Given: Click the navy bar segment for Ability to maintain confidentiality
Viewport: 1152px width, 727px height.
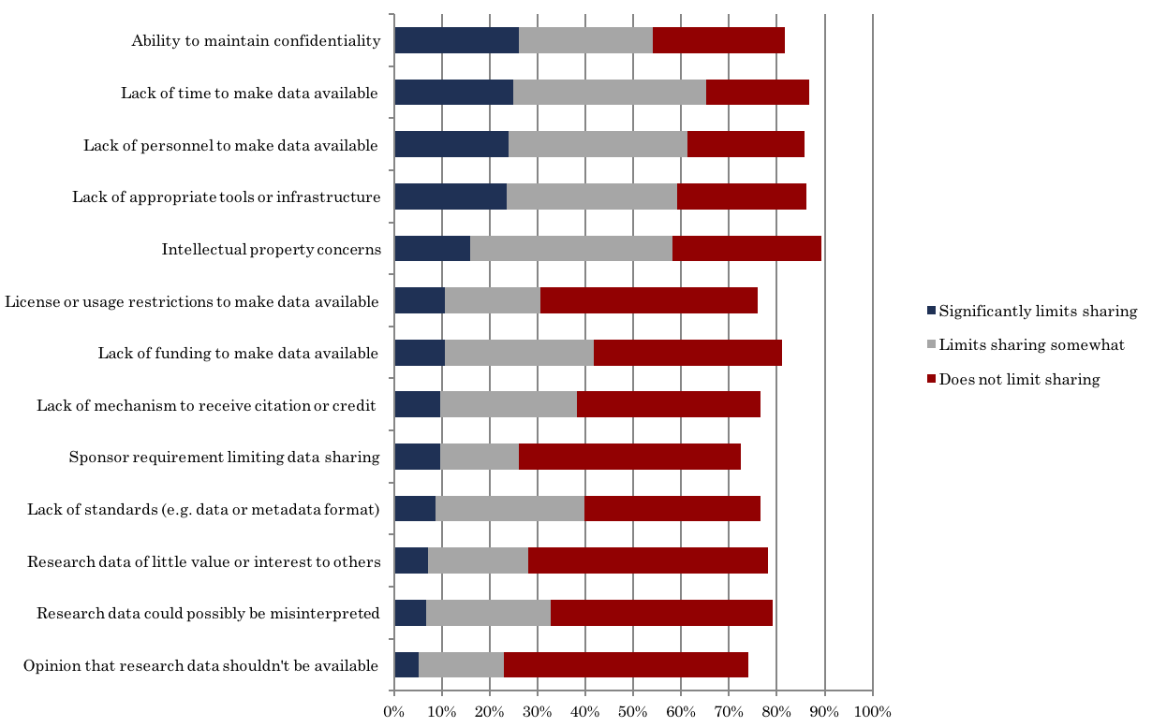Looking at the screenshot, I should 456,40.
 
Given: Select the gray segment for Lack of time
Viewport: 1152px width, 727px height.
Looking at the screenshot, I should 610,93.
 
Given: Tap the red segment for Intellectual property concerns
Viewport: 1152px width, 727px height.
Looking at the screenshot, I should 746,249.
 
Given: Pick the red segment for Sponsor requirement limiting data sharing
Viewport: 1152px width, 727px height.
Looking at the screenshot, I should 629,457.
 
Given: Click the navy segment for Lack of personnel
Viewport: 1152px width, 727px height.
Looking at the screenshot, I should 451,144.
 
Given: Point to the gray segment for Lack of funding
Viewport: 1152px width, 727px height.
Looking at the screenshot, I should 519,353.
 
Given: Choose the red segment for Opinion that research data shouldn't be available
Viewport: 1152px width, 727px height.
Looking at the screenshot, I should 626,665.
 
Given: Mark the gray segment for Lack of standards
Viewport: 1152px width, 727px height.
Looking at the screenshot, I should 510,509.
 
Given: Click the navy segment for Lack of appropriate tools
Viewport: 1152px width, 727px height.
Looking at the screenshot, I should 450,196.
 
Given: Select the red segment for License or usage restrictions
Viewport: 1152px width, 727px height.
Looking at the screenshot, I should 649,300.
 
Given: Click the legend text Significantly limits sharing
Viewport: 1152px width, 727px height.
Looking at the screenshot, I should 1038,312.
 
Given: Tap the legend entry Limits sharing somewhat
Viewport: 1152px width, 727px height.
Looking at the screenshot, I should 1031,345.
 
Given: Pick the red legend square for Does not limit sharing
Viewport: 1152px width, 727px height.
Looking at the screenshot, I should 931,379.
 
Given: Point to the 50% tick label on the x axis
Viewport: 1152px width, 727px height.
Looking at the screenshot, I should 632,712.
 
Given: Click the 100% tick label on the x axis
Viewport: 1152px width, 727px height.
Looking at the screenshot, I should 872,712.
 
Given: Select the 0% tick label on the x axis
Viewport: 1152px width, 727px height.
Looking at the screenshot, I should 393,712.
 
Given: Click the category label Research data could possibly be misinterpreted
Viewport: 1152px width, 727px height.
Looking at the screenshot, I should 208,614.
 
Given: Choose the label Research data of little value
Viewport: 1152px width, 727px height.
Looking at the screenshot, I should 203,561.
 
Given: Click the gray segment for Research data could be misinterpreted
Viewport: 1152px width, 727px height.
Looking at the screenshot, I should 488,613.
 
